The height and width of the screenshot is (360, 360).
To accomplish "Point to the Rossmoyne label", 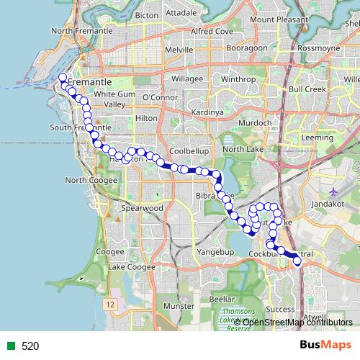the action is pyautogui.click(x=318, y=49).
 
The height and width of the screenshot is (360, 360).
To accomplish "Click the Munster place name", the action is pyautogui.click(x=179, y=306).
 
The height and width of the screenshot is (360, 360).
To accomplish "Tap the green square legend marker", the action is pyautogui.click(x=11, y=346).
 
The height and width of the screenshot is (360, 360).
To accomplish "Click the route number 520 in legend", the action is pyautogui.click(x=30, y=346).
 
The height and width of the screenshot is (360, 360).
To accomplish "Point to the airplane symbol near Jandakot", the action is pyautogui.click(x=333, y=192).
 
